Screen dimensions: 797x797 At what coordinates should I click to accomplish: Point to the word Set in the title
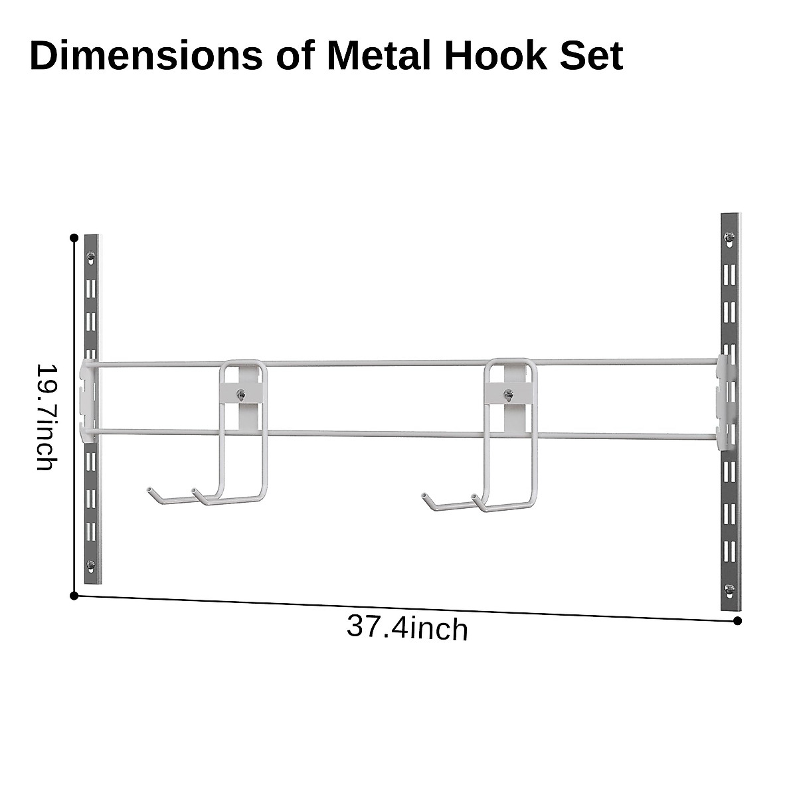[591, 56]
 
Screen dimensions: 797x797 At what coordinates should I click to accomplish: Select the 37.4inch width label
[407, 628]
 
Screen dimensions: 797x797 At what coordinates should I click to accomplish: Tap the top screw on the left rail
[92, 255]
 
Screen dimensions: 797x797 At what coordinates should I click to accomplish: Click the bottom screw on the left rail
[92, 565]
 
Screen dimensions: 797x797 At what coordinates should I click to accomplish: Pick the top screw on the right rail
[730, 236]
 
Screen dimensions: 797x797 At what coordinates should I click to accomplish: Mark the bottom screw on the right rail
[730, 588]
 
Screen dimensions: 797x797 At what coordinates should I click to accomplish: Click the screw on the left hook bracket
[241, 395]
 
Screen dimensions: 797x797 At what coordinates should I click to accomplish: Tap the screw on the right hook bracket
[508, 396]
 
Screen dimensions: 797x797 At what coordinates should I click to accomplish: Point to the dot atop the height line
[74, 237]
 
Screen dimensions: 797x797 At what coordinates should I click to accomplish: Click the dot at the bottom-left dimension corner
[74, 596]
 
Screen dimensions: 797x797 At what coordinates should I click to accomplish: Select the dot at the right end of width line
[737, 621]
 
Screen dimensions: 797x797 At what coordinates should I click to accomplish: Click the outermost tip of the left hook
[149, 490]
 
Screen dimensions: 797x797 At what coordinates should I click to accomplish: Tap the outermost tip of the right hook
[424, 495]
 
